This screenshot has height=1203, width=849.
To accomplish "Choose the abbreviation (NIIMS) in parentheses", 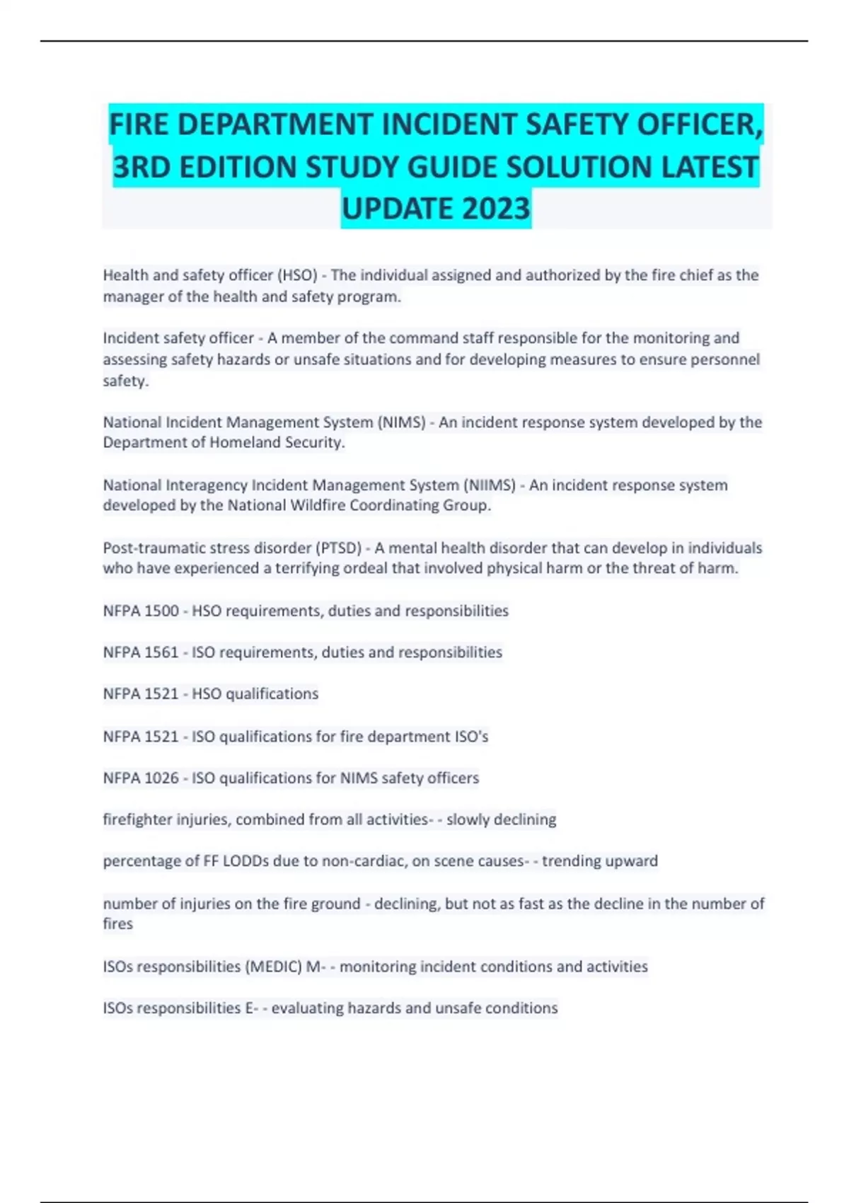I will point(490,485).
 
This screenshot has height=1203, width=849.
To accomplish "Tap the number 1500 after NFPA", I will point(161,611).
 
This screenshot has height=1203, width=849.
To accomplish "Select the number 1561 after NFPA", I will point(161,652).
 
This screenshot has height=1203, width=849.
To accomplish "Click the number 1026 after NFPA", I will point(161,778).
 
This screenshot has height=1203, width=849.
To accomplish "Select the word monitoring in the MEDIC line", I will point(377,967).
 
